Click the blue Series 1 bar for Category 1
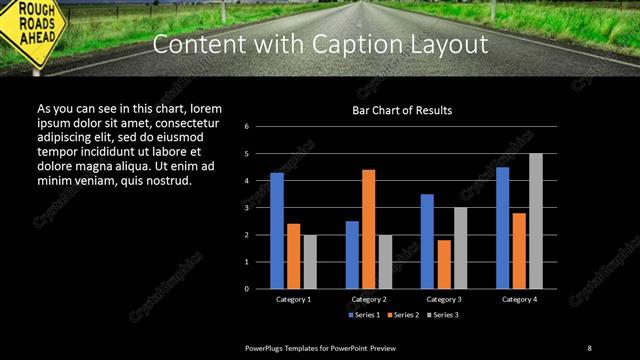[277, 231]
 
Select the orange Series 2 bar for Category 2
[369, 229]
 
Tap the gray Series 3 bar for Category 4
[536, 221]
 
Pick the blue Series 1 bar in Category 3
[427, 241]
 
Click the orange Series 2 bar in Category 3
[444, 264]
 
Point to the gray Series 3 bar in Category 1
[310, 261]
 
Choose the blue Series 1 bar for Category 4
[502, 228]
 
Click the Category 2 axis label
[369, 299]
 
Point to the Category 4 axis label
[519, 299]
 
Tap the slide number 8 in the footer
[589, 347]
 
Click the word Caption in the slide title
[383, 46]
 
